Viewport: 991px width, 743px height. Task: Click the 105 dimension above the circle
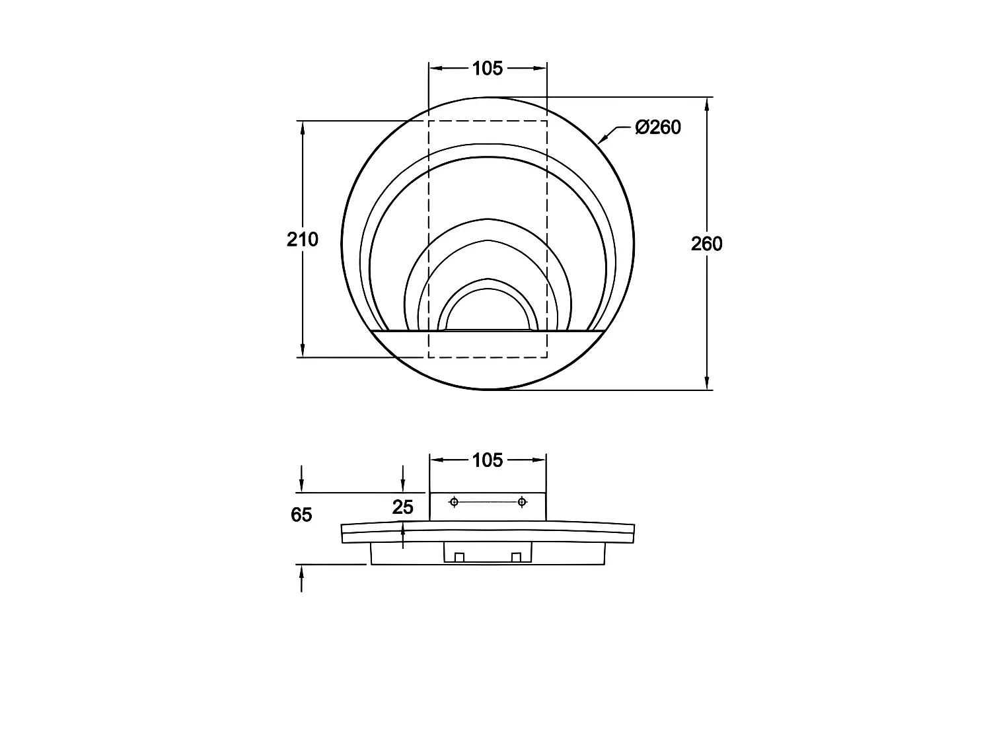pos(487,69)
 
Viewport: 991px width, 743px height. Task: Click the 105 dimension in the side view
pos(487,460)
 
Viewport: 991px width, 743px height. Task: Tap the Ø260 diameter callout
pos(658,127)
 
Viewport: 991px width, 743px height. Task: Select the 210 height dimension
pos(303,239)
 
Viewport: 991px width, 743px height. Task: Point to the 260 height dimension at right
pos(706,244)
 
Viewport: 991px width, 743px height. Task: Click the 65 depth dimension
pos(301,514)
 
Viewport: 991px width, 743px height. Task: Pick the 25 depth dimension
pos(403,507)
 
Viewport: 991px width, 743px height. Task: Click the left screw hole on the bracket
pos(454,502)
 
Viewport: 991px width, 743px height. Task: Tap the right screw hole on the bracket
pos(522,502)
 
